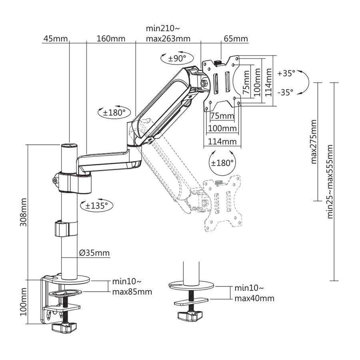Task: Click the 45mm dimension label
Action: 54,39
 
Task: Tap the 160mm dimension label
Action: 111,39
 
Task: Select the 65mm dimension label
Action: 236,39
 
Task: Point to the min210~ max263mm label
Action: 168,34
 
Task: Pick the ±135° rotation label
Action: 97,206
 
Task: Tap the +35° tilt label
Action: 286,73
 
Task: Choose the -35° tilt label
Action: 285,92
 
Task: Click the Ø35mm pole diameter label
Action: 94,253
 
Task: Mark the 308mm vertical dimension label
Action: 24,212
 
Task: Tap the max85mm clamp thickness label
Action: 132,292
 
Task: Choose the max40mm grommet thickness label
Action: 254,298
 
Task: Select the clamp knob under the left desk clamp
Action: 64,327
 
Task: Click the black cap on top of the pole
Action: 69,145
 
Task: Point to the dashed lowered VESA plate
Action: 222,203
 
